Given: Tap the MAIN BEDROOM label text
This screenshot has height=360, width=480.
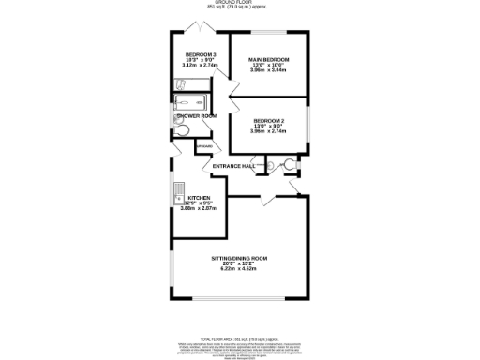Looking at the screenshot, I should tap(269, 59).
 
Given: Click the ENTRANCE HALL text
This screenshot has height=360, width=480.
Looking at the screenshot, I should tap(234, 166).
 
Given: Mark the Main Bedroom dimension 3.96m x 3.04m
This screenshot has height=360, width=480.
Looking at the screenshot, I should tap(269, 70).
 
